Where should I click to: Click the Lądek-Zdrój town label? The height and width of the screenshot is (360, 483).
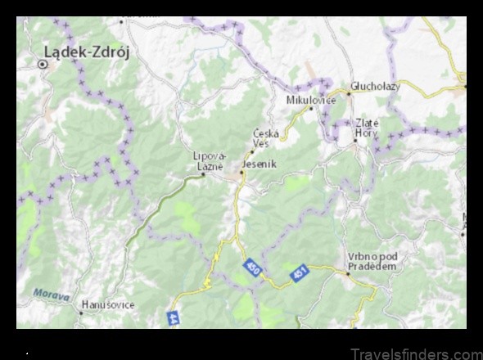pos(90,50)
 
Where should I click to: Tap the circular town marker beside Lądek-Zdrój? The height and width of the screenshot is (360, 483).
pos(44,62)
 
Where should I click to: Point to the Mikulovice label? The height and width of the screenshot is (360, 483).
pos(308,100)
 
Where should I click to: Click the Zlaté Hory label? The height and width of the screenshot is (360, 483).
pos(366,128)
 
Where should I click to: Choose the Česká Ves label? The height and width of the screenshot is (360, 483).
pos(266,138)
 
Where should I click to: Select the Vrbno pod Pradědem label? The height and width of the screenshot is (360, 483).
pos(372,259)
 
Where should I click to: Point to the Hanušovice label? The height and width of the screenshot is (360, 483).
pos(106,304)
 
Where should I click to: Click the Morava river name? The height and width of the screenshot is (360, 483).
pos(51,292)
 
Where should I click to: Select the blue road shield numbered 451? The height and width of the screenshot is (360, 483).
pos(299,273)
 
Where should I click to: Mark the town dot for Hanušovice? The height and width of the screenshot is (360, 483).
pos(81,312)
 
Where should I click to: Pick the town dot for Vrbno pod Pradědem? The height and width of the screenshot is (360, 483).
pos(349,274)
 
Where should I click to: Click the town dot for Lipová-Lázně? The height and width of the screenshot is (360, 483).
pos(203,174)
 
